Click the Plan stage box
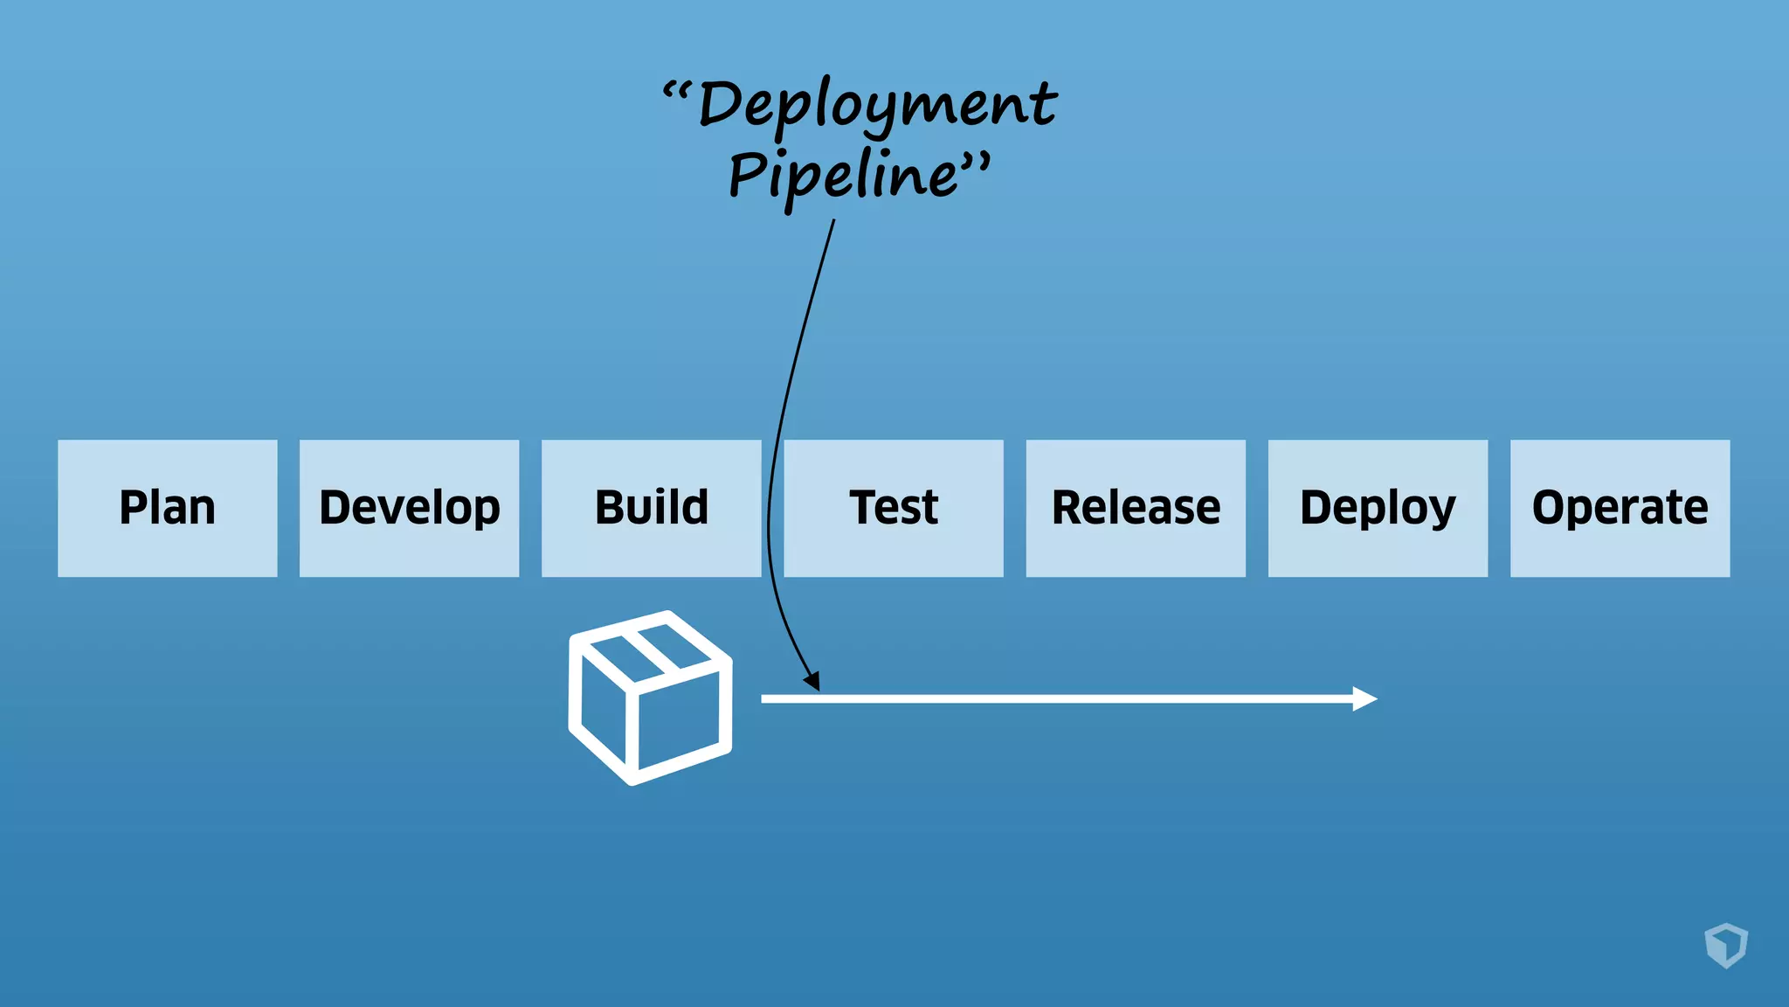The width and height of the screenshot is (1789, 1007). click(x=167, y=508)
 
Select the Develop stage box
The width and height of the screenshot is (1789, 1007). click(x=409, y=508)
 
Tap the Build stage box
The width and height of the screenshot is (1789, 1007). click(x=651, y=508)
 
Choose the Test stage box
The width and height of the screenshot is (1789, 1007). click(x=893, y=508)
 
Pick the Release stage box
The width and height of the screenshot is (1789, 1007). click(x=1135, y=508)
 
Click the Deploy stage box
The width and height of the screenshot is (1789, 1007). click(x=1378, y=508)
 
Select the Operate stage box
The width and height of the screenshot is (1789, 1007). click(x=1620, y=508)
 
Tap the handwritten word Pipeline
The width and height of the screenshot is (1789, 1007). click(x=843, y=175)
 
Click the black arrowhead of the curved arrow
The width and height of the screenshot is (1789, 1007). click(x=812, y=681)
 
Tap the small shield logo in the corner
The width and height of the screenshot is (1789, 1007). click(x=1726, y=945)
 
